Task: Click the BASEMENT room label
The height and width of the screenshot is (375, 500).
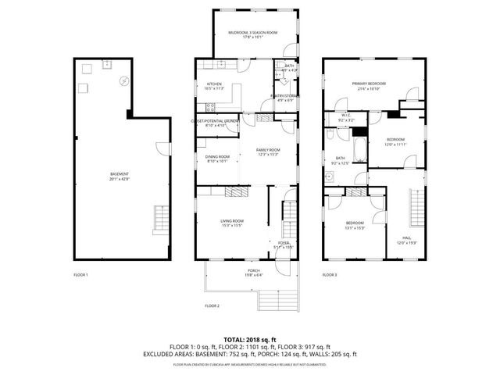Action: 120,173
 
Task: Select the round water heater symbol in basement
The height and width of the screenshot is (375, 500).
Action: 123,80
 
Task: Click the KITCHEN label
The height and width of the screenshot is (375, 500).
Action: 214,84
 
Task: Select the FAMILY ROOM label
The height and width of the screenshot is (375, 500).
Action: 268,150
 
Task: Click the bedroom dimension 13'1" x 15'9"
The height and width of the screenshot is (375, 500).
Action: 355,228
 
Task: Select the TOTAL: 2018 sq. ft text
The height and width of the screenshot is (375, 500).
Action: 249,339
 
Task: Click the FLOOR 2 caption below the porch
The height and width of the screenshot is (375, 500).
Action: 212,305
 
